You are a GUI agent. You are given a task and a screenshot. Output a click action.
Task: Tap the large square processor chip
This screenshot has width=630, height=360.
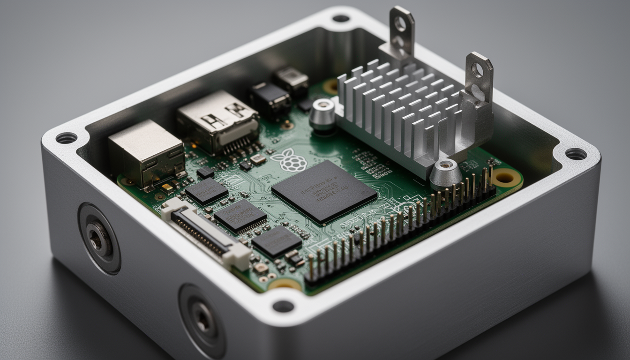pyautogui.click(x=324, y=191)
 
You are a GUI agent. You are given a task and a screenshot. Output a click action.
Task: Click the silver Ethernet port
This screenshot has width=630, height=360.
pyautogui.click(x=146, y=153)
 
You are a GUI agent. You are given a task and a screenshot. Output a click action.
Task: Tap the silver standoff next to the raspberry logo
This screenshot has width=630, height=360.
pyautogui.click(x=322, y=114)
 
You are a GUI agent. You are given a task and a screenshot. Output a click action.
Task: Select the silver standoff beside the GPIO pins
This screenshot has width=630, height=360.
pyautogui.click(x=445, y=173)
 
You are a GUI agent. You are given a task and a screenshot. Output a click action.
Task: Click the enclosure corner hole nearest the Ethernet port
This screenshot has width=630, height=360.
pyautogui.click(x=66, y=138)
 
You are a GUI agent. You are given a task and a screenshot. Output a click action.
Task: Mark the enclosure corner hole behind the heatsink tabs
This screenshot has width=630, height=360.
pyautogui.click(x=341, y=18)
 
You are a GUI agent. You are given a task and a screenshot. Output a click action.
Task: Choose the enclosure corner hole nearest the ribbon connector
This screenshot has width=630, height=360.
pyautogui.click(x=283, y=306)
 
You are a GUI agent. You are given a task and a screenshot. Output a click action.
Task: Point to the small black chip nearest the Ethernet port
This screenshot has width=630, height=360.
pyautogui.click(x=206, y=190)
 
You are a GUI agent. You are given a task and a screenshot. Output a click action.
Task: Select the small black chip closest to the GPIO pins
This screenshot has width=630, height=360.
pyautogui.click(x=277, y=241)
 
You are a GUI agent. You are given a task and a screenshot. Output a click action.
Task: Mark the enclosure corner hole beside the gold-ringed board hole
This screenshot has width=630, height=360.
pyautogui.click(x=576, y=154)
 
